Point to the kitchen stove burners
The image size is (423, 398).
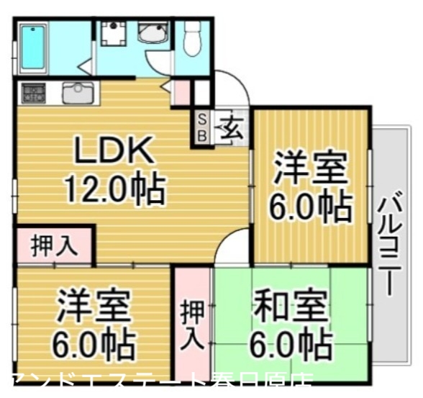click(x=32, y=92)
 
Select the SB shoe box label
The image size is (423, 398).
click(x=201, y=127)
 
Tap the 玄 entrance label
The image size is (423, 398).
click(x=232, y=129)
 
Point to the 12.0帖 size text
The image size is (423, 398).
click(x=115, y=189)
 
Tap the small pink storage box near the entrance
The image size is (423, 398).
click(x=182, y=93)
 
